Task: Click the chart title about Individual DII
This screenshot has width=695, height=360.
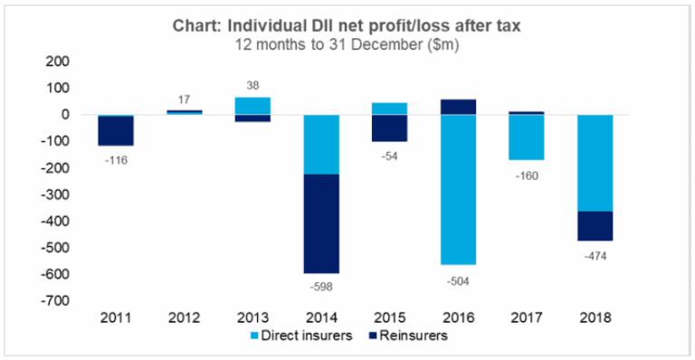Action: pyautogui.click(x=348, y=24)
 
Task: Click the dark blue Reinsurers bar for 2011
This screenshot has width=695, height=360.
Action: pyautogui.click(x=116, y=131)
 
